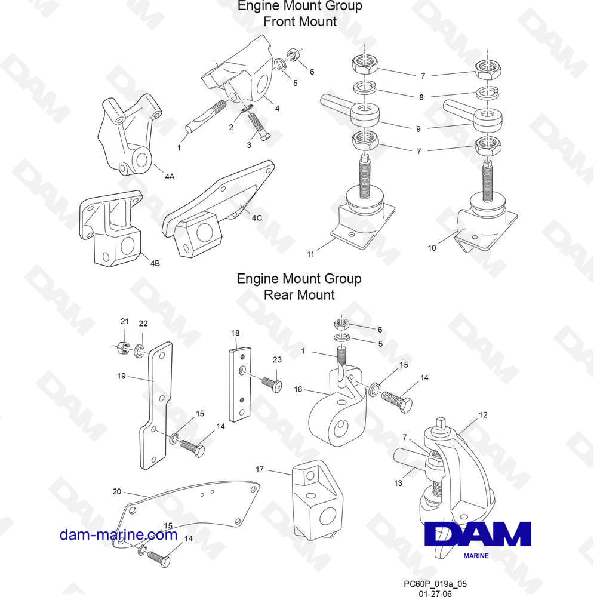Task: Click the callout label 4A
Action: [170, 177]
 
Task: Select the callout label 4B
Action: [155, 263]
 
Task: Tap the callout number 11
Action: [310, 254]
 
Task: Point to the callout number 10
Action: [432, 247]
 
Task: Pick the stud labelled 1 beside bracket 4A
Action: [204, 118]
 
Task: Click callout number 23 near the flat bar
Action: [277, 359]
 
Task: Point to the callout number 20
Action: [116, 491]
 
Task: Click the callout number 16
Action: [298, 389]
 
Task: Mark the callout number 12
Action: [483, 414]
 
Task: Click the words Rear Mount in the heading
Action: [299, 294]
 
